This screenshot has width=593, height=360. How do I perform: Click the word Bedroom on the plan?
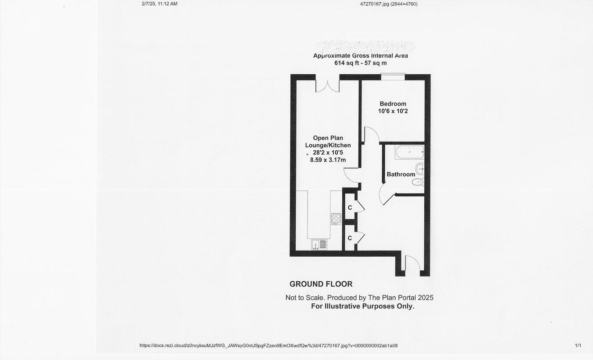[x=393, y=104]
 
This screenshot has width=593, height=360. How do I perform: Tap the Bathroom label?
[x=401, y=175]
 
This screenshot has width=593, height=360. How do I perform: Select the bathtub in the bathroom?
[x=409, y=153]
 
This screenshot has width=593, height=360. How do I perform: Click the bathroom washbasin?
[x=420, y=168]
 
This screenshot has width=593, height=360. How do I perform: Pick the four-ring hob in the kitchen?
[x=336, y=218]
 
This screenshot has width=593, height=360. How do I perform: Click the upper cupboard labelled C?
[x=350, y=207]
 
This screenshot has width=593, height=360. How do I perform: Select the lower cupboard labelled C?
[x=350, y=238]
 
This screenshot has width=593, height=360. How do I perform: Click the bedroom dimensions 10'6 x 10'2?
[x=393, y=111]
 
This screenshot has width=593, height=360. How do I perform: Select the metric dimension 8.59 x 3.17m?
[x=328, y=160]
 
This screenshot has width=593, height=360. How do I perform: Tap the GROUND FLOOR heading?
[x=321, y=284]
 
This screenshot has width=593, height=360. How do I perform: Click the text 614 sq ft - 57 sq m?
[x=360, y=63]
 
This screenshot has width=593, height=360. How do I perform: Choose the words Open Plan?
[x=328, y=138]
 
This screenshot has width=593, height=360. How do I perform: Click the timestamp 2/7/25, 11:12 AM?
[x=159, y=4]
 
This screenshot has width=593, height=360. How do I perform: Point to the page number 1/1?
[x=578, y=345]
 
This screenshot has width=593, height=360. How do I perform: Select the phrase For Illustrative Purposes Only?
[x=362, y=306]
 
